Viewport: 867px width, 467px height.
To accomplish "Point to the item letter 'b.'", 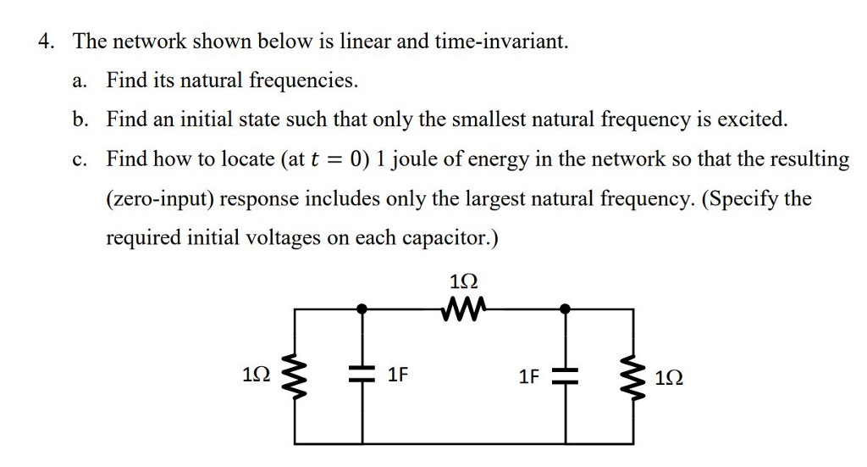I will [80, 120].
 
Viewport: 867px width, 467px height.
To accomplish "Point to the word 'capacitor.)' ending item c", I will [450, 238].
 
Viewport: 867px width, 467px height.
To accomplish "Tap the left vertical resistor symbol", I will [295, 375].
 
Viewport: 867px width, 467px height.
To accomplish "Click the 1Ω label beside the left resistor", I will [257, 375].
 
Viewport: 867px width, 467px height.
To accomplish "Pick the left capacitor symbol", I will [364, 375].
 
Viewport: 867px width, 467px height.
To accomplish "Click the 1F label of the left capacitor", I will [399, 375].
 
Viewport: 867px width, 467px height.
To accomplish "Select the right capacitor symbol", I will [565, 375].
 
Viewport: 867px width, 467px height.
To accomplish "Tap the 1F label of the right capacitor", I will [530, 375].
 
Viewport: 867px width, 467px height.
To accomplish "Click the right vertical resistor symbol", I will [633, 375].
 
